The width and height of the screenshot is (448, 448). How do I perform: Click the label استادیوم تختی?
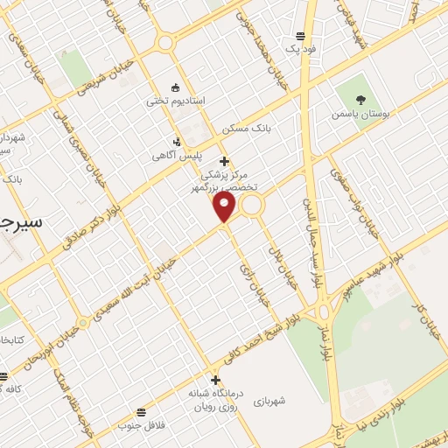(176, 101)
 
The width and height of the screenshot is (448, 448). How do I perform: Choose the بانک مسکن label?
(247, 128)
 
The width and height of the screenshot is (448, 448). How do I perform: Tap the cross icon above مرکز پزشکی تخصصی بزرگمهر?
(225, 161)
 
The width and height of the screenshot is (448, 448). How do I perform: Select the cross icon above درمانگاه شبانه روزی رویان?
(214, 380)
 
